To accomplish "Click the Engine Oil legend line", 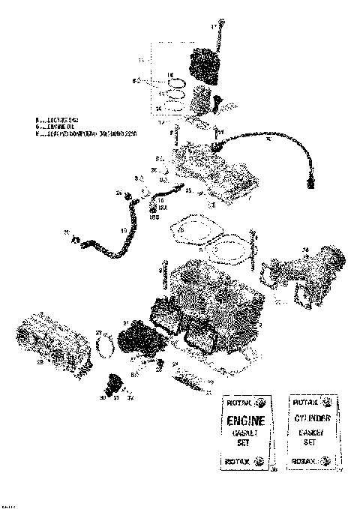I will pyautogui.click(x=55, y=127).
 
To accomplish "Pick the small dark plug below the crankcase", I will pyautogui.click(x=112, y=385).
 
